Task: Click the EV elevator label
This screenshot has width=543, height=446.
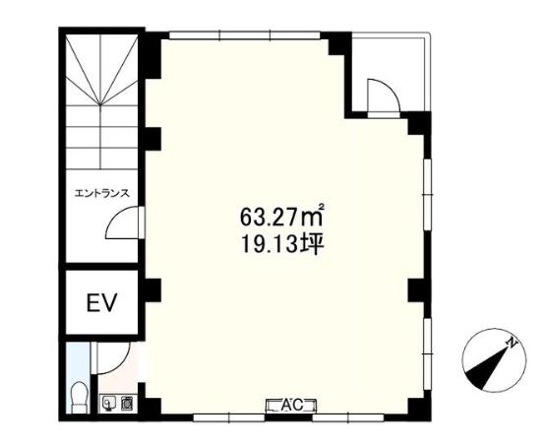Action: click(x=102, y=302)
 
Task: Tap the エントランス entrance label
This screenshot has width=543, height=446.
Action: click(x=102, y=193)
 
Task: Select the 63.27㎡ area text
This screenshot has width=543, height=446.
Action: click(x=282, y=216)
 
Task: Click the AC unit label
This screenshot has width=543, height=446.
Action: click(x=291, y=405)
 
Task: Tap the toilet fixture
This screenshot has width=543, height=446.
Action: click(x=79, y=398)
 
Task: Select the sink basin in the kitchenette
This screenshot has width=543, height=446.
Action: click(x=108, y=404)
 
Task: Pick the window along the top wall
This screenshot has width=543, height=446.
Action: click(x=245, y=35)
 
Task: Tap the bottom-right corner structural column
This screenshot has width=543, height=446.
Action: click(x=419, y=409)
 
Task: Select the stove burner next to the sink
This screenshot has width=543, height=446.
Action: click(x=126, y=404)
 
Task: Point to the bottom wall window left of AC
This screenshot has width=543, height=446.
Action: click(x=229, y=417)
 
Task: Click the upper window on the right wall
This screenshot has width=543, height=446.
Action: click(x=428, y=194)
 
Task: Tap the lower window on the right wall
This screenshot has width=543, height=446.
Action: click(x=428, y=353)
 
